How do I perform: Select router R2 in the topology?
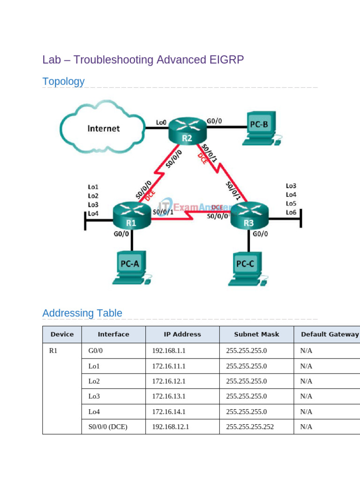[x=187, y=130]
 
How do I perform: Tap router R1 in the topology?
[x=131, y=216]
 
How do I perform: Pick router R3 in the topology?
[x=248, y=216]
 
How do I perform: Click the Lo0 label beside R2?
[x=161, y=123]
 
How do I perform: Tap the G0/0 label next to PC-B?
[x=214, y=121]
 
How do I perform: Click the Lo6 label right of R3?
[x=291, y=212]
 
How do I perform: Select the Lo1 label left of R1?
[x=93, y=187]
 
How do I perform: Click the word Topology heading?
[x=63, y=82]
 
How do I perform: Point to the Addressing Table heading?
[x=82, y=313]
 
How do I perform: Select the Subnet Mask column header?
[x=256, y=334]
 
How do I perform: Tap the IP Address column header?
[x=182, y=334]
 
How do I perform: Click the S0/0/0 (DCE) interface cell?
[x=107, y=427]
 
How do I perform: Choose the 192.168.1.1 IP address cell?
[x=167, y=350]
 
